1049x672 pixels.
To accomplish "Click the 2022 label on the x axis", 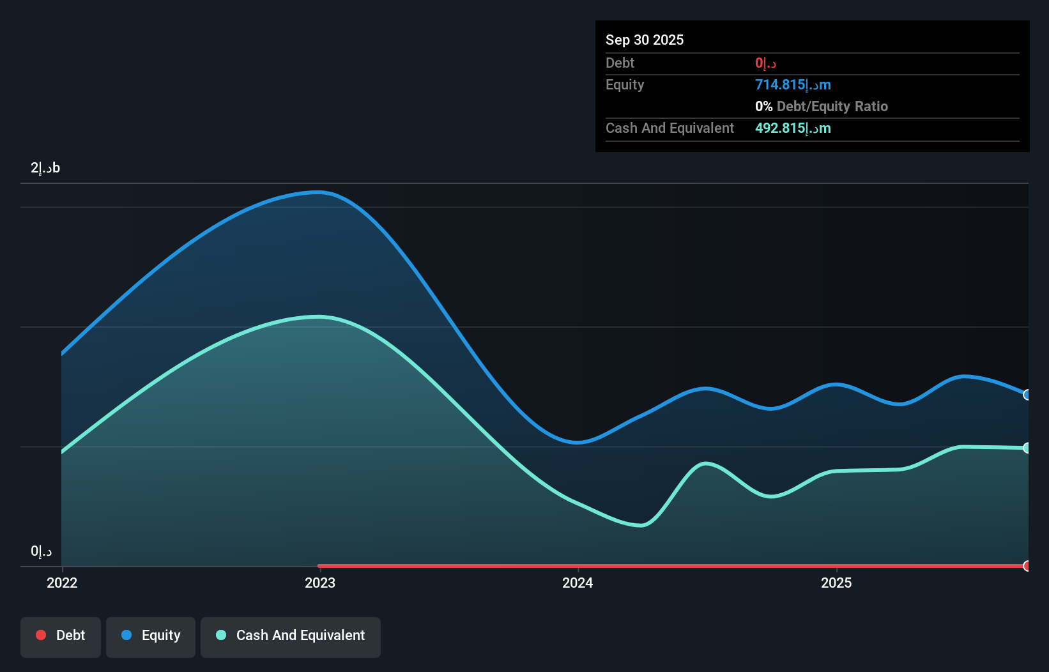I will point(62,583).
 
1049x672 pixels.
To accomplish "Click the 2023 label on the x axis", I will point(320,583).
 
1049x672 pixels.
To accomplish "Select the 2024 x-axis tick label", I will point(578,583).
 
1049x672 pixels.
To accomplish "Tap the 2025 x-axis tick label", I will point(836,583).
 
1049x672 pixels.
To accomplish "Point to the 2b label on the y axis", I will point(45,168).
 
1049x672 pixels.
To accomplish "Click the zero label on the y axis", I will point(41,551).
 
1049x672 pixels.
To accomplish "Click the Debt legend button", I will point(61,636).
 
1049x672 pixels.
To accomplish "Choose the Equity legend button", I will point(151,636).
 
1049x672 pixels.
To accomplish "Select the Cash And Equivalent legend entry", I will point(291,636).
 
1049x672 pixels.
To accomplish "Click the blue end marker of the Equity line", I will point(1027,395).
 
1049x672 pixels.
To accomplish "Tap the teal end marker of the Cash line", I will point(1027,448).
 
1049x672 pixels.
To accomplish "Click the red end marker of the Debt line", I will point(1027,566).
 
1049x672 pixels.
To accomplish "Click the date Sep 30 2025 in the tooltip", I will point(645,40).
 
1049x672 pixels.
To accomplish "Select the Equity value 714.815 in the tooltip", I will point(793,85).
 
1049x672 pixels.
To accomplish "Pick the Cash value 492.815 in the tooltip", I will point(793,128).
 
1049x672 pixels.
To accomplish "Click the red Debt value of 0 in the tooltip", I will point(765,63).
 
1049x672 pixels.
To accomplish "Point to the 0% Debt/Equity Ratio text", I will point(822,107).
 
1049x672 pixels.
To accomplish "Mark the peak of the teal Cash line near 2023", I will point(319,317).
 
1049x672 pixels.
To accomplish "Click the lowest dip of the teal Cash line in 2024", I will point(641,526).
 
